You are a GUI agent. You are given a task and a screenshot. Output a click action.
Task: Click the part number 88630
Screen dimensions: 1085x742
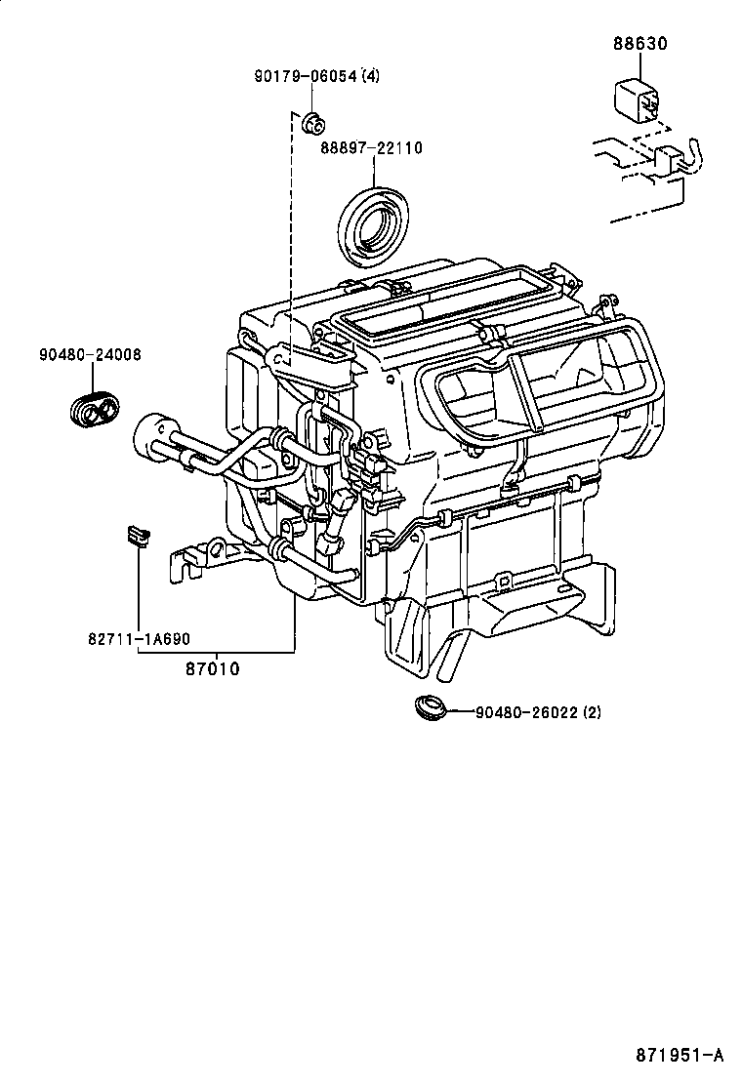click(641, 44)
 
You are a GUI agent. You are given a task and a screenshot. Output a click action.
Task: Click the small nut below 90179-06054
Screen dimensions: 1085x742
click(314, 122)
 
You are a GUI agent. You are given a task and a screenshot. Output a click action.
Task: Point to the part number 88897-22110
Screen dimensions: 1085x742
click(371, 148)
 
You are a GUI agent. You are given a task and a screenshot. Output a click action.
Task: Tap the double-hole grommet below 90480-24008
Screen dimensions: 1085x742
click(94, 410)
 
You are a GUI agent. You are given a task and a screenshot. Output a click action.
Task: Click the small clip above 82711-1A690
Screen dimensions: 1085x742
click(137, 535)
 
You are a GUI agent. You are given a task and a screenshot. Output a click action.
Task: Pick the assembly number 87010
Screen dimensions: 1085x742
click(212, 669)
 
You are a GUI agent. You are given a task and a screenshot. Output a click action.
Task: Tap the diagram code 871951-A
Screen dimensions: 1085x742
click(680, 1055)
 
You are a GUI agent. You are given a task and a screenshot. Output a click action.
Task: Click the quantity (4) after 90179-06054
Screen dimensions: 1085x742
click(370, 75)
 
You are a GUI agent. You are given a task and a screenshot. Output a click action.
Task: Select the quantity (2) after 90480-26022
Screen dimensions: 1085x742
click(592, 712)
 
